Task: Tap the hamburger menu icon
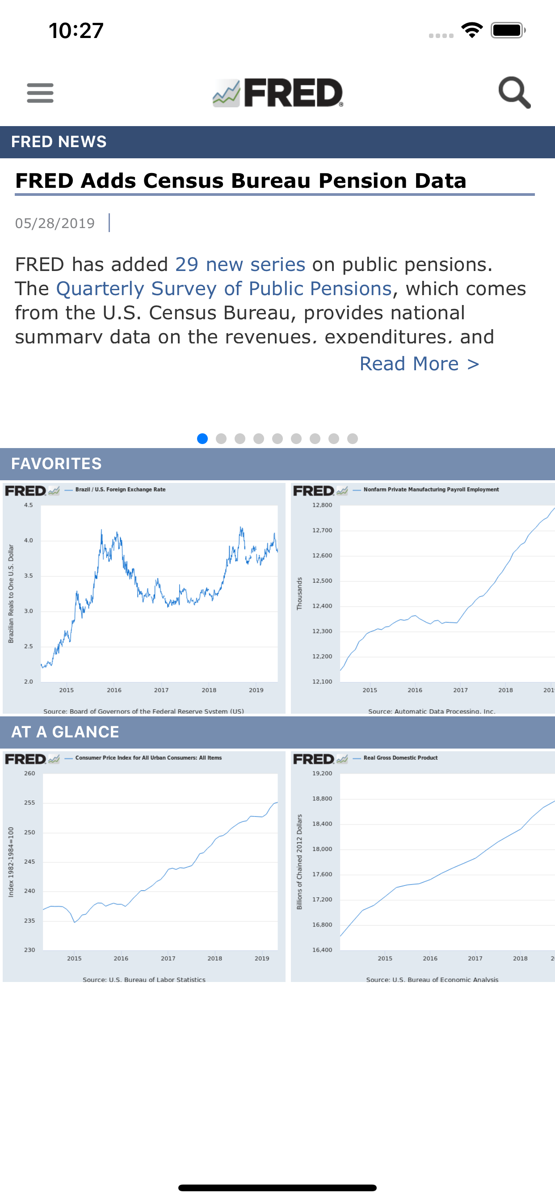[40, 93]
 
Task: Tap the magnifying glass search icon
[514, 93]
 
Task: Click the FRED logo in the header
[278, 93]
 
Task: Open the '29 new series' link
[240, 265]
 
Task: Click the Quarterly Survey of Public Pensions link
[224, 289]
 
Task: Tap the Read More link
[419, 364]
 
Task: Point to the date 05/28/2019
[55, 224]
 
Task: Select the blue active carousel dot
[202, 439]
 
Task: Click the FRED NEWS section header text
[59, 142]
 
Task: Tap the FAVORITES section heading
[56, 464]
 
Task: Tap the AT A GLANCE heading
[65, 732]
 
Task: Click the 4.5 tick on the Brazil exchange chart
[29, 505]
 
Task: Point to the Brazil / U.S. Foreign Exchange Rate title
[120, 490]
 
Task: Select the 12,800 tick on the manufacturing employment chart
[322, 505]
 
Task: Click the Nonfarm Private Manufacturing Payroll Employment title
[431, 490]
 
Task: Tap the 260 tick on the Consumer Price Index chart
[29, 774]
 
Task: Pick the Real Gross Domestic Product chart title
[400, 758]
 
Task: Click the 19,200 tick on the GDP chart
[322, 774]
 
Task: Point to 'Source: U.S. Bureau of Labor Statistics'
[144, 979]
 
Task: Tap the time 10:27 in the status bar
[76, 31]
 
